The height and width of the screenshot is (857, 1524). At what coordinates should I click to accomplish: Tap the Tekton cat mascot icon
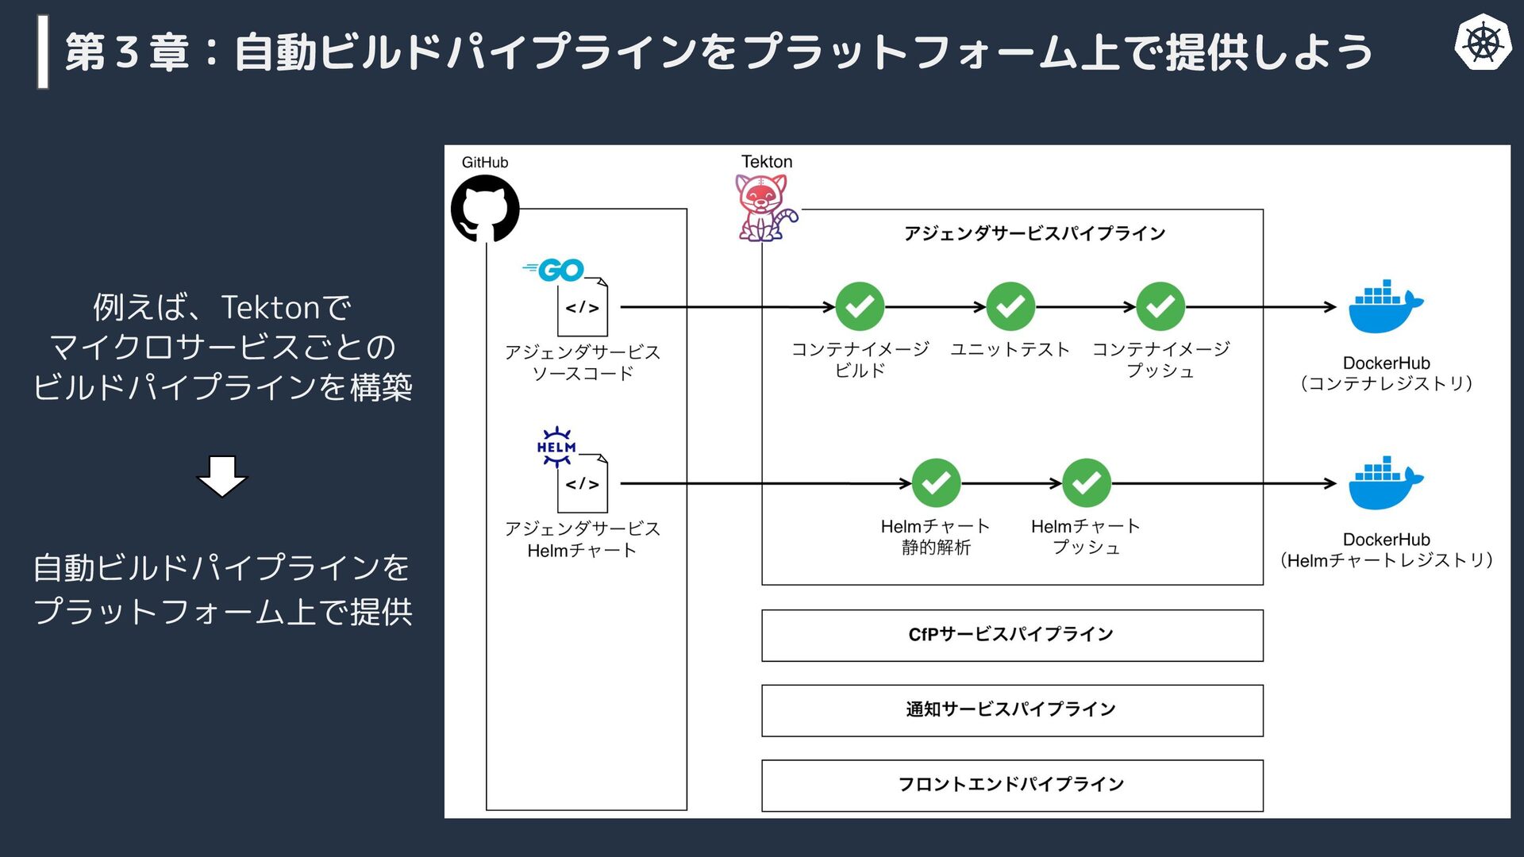pos(763,208)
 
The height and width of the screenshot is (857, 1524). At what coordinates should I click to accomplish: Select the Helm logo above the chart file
pos(556,446)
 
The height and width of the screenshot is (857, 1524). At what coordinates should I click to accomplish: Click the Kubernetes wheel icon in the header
pos(1482,42)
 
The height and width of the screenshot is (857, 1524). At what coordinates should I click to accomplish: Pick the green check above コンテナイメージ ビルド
pos(860,306)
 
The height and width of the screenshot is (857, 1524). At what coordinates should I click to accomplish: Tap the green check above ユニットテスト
pos(1010,306)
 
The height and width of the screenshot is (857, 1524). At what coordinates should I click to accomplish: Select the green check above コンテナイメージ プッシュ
pos(1160,306)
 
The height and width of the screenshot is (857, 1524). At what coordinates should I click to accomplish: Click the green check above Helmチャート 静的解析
pos(936,482)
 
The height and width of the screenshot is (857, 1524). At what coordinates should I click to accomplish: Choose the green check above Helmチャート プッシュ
pos(1086,482)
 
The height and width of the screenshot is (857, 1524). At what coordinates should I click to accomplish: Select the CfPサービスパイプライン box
pos(1012,635)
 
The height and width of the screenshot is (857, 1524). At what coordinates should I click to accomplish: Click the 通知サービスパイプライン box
pos(1012,710)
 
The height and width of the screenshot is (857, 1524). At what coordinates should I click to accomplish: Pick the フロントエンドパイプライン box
pos(1012,785)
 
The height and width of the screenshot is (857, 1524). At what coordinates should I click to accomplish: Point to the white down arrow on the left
pos(222,475)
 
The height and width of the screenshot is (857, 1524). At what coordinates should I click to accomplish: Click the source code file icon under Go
pos(583,307)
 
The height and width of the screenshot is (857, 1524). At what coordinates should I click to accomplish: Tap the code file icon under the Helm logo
pos(583,483)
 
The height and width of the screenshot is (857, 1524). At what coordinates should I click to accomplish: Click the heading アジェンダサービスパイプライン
pos(1034,233)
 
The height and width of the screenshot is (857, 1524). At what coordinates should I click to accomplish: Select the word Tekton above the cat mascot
pos(767,162)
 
